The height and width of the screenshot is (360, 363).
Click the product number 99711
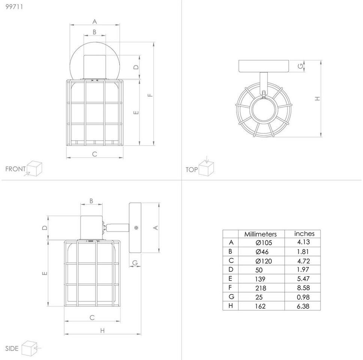14,7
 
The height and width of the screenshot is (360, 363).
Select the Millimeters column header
261,234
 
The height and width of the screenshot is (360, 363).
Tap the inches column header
304,234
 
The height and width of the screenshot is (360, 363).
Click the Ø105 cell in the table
264,243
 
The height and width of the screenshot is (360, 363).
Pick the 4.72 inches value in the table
303,261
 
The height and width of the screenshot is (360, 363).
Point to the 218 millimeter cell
261,288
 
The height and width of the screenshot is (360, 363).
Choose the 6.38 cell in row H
303,306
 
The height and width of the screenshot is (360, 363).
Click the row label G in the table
231,297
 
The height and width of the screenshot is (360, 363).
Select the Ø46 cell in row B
262,252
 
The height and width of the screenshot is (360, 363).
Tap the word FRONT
15,169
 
